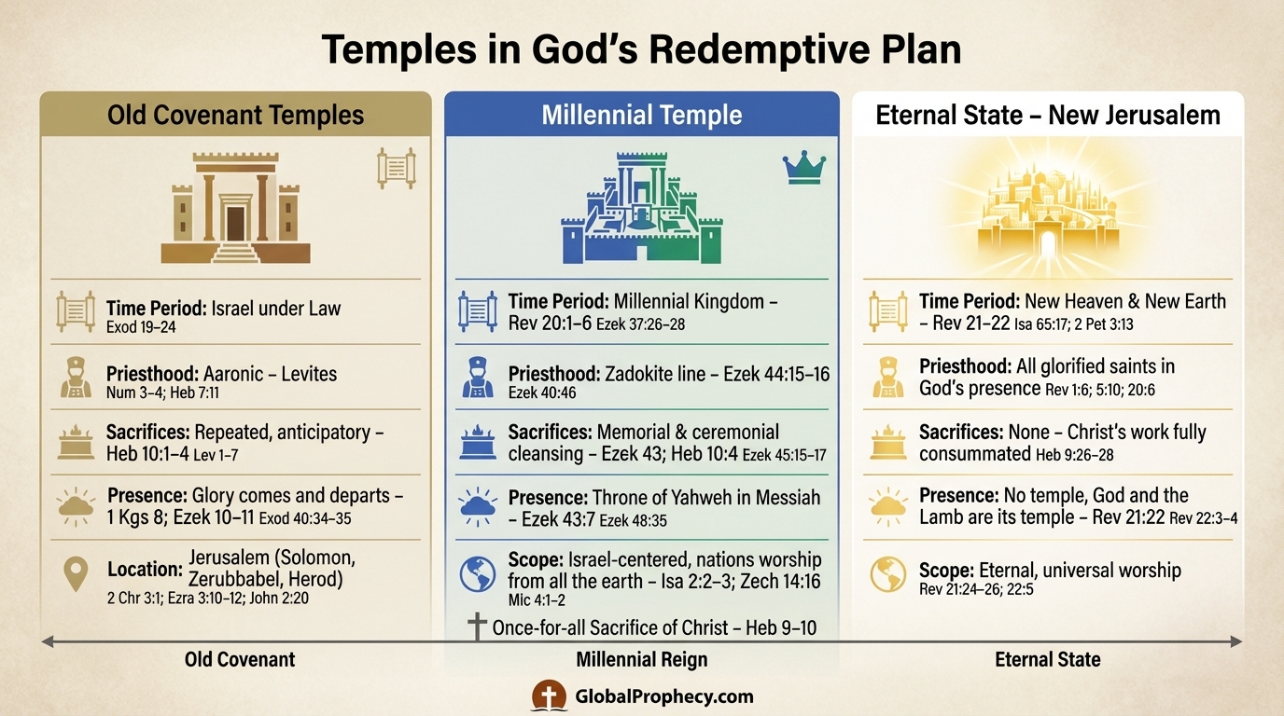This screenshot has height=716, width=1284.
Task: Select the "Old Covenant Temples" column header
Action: pyautogui.click(x=235, y=115)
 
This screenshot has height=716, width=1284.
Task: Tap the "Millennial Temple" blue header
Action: pyautogui.click(x=642, y=115)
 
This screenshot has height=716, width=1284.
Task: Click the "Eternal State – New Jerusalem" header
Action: pyautogui.click(x=1048, y=115)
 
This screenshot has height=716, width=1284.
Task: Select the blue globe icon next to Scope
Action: pyautogui.click(x=478, y=574)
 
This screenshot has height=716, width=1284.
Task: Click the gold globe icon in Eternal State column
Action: pyautogui.click(x=887, y=574)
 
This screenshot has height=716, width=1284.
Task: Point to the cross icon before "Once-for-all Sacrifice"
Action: pyautogui.click(x=477, y=626)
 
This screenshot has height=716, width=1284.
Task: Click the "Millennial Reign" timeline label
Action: pyautogui.click(x=642, y=660)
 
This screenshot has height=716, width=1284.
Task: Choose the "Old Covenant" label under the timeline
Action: pyautogui.click(x=240, y=660)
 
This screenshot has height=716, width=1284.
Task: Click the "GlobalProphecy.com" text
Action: pyautogui.click(x=664, y=696)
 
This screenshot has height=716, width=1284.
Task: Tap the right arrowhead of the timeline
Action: pyautogui.click(x=1236, y=640)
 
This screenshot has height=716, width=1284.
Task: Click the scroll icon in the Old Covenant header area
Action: pyautogui.click(x=396, y=168)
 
